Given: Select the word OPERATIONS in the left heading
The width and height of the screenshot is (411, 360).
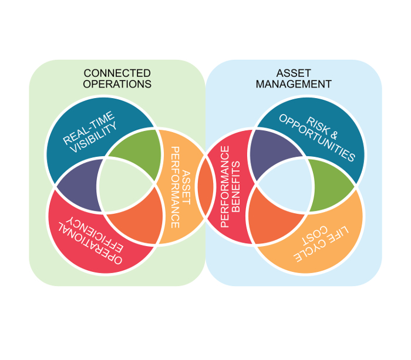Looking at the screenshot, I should pos(117,84).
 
